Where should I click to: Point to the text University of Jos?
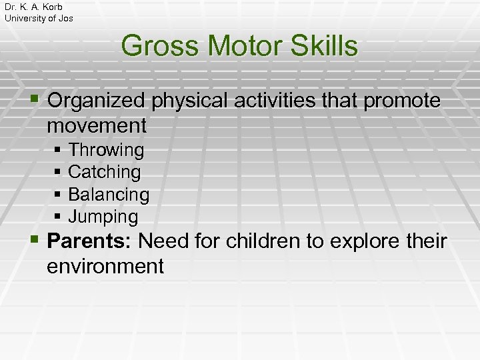39,18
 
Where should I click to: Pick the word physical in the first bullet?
189,101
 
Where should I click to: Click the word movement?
97,125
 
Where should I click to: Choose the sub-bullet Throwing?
106,150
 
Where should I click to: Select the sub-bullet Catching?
105,172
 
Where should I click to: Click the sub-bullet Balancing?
109,195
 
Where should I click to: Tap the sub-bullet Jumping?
103,217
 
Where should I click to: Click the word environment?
105,266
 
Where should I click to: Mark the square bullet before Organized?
36,101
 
